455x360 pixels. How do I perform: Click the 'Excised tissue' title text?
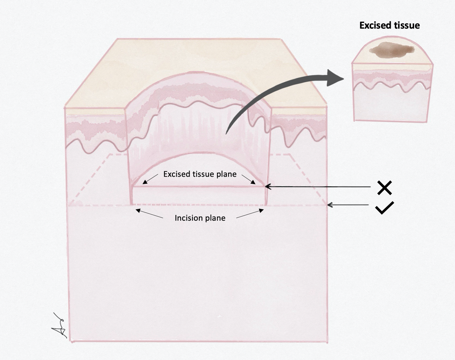[389, 25]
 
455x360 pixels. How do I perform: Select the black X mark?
[384, 188]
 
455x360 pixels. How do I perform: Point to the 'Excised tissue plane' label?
[200, 174]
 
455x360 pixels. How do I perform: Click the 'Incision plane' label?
[200, 218]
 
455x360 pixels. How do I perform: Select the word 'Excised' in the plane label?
[176, 174]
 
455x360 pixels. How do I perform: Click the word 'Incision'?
[187, 218]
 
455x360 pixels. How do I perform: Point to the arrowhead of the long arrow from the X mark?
[267, 187]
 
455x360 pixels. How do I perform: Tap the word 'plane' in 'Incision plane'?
[216, 218]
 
